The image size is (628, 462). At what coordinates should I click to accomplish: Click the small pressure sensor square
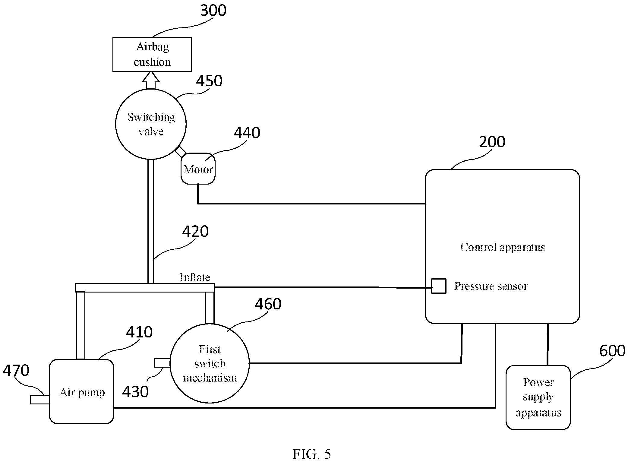click(x=439, y=286)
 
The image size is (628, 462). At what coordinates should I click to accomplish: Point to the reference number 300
click(x=213, y=10)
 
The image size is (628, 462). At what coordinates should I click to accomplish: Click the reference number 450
click(x=209, y=81)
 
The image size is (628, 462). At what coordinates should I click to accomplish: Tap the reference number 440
click(x=247, y=133)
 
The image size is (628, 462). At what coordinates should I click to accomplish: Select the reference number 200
click(x=492, y=142)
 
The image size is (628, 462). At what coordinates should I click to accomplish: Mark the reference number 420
click(x=195, y=231)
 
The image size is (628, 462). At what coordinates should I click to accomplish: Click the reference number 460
click(x=268, y=304)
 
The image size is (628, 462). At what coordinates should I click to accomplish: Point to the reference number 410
click(x=139, y=332)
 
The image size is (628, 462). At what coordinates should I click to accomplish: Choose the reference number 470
click(x=16, y=370)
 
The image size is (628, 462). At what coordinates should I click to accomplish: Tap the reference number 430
click(x=135, y=392)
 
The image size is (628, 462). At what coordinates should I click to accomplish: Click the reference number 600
click(x=612, y=351)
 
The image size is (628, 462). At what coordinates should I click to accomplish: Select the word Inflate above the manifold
click(x=195, y=277)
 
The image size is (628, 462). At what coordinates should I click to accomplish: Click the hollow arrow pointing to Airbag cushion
click(x=151, y=80)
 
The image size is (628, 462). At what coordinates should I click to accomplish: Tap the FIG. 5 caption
click(x=312, y=454)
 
